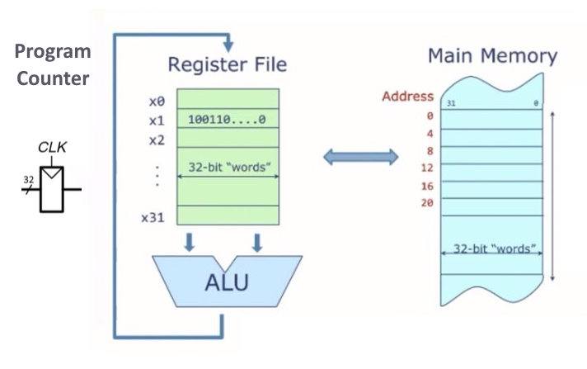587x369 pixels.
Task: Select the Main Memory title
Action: tap(492, 57)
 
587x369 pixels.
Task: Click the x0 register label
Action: tap(157, 102)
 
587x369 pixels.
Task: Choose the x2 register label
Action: tap(157, 140)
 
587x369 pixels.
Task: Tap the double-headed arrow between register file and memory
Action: tap(359, 157)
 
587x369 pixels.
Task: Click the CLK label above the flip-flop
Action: tap(51, 149)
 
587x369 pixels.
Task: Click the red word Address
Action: tap(407, 97)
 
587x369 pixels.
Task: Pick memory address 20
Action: tap(426, 202)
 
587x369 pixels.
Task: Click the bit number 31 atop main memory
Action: tap(451, 104)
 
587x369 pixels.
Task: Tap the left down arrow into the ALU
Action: tap(190, 242)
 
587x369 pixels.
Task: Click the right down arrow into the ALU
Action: tap(256, 242)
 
